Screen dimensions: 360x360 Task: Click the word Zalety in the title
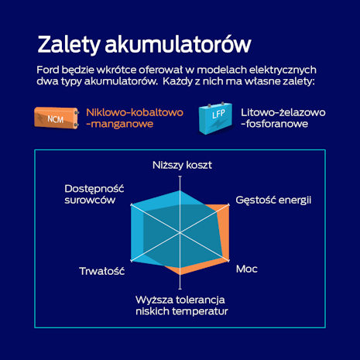click(x=68, y=45)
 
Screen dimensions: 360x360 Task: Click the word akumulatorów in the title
click(x=178, y=43)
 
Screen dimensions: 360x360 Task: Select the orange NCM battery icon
click(x=57, y=118)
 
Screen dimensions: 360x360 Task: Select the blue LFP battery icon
click(x=215, y=118)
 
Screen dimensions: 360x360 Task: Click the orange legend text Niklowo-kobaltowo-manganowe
click(x=135, y=118)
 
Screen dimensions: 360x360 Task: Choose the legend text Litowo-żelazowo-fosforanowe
click(x=283, y=118)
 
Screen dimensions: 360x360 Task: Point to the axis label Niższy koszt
click(x=182, y=165)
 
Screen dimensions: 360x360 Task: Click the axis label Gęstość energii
click(x=273, y=201)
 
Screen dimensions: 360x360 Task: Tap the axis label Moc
click(x=247, y=269)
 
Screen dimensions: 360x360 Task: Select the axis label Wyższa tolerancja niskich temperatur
click(x=182, y=306)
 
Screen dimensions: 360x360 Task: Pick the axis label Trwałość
click(x=102, y=271)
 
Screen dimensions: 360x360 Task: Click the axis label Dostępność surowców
click(x=94, y=194)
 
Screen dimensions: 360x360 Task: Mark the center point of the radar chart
click(x=180, y=233)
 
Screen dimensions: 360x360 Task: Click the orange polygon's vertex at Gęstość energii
click(x=229, y=204)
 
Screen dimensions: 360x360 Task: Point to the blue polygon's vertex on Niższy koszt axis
click(x=180, y=190)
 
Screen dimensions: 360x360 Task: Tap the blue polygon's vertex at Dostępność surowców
click(x=131, y=204)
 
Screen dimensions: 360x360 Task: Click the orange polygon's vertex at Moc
click(x=229, y=261)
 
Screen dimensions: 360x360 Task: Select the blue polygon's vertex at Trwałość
click(x=131, y=261)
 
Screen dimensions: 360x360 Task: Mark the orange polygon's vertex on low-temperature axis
click(x=180, y=275)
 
